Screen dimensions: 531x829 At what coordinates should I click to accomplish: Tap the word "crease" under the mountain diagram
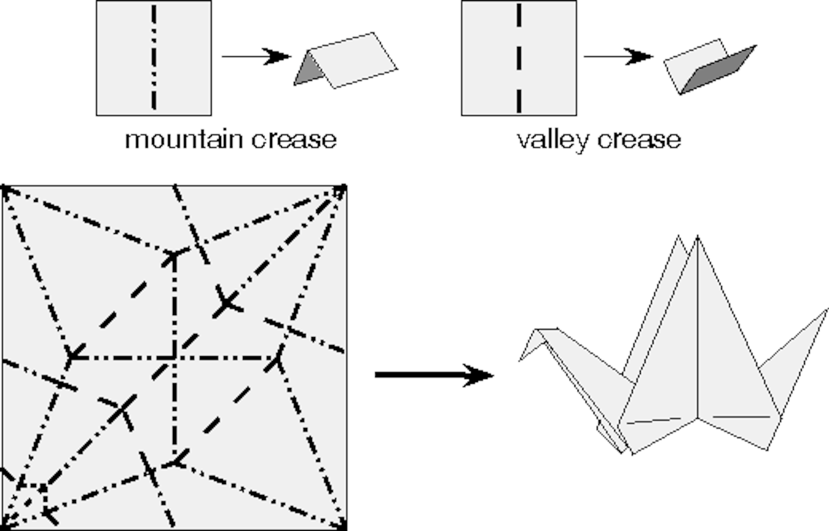(294, 140)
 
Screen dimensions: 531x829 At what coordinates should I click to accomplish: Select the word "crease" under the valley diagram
(639, 140)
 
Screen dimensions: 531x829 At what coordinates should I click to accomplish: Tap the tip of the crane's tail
(827, 310)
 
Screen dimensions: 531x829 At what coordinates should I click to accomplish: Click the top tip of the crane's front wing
(697, 237)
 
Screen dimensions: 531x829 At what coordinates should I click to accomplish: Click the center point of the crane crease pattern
(174, 357)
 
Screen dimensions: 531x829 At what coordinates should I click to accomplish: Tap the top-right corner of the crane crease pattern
(345, 187)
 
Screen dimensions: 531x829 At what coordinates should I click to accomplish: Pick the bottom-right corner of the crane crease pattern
(345, 528)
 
